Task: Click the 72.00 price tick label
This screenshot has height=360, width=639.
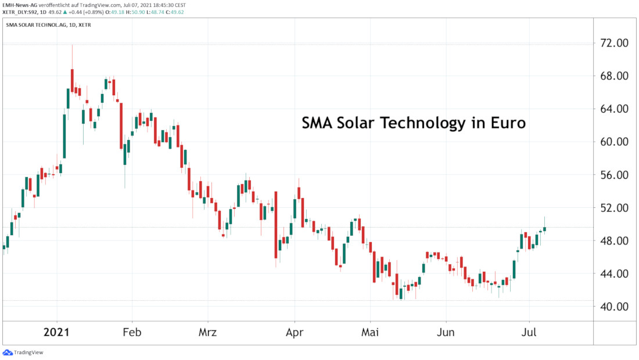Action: coord(613,43)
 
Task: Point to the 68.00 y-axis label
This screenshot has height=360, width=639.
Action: coord(613,76)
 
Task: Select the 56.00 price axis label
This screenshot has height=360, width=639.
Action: coord(613,175)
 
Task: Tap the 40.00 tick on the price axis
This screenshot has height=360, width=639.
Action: coord(613,307)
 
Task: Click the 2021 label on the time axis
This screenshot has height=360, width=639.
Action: coord(57,333)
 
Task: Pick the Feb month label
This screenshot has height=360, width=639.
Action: coord(132,333)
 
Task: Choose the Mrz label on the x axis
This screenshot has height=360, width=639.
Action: coord(207,333)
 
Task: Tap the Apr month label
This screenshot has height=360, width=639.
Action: coord(295,333)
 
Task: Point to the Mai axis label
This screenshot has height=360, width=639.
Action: coord(370,333)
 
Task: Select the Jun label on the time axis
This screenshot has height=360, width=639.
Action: coord(446,333)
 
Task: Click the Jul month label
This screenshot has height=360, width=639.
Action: coord(529,333)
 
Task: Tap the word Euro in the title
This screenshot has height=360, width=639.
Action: coord(507,123)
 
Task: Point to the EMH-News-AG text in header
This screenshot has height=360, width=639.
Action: coord(19,5)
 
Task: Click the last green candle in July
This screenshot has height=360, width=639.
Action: coord(545,229)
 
